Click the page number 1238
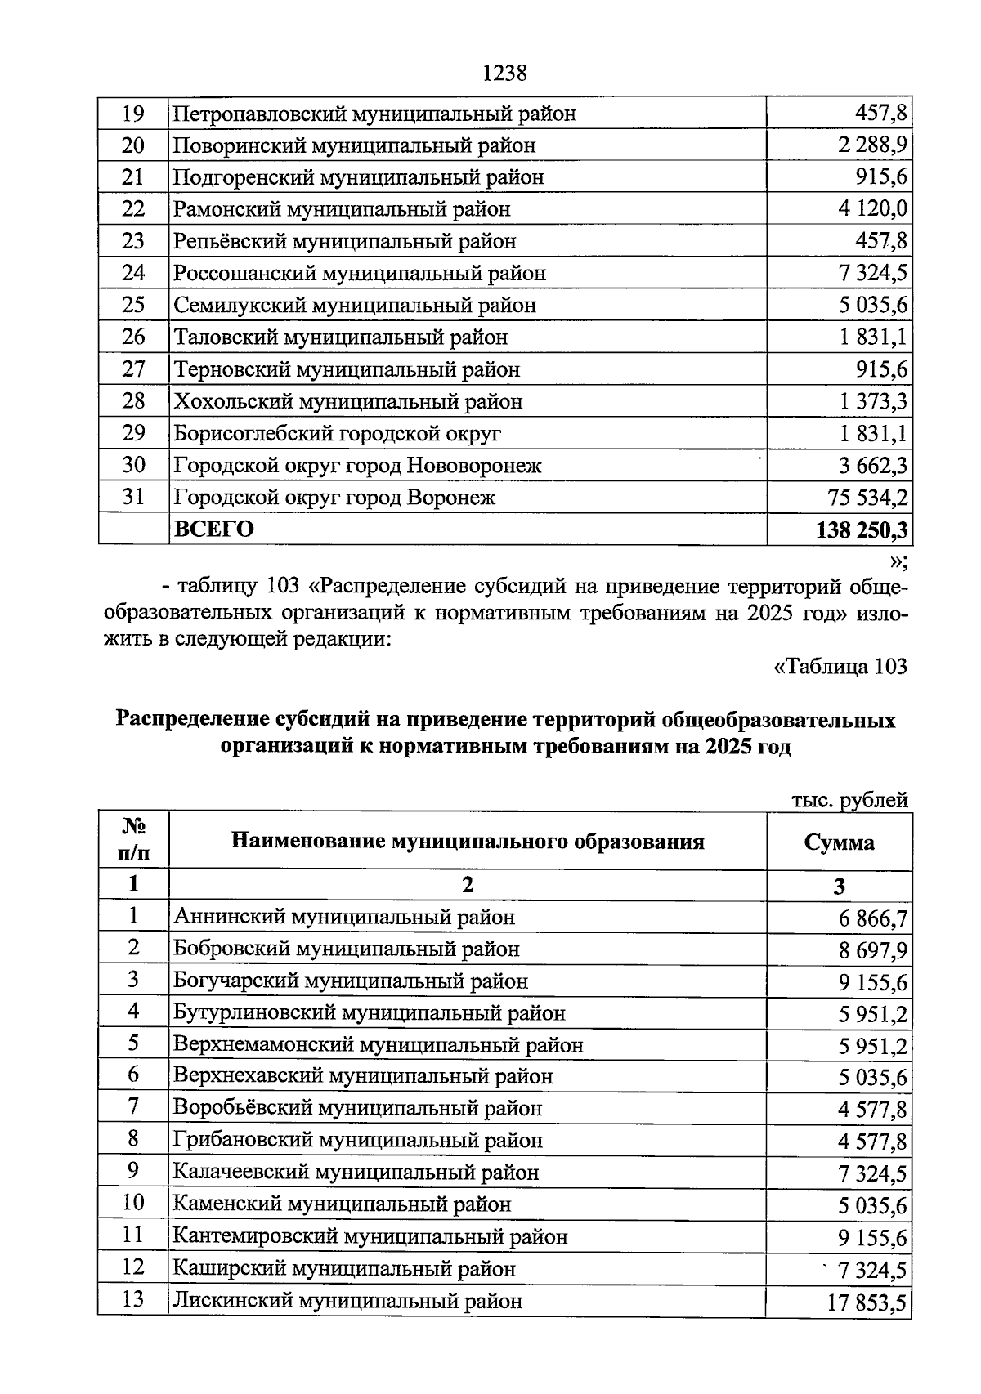click(504, 74)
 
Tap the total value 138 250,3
click(862, 529)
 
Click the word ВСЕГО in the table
click(213, 529)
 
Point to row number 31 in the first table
click(133, 497)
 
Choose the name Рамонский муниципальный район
click(342, 209)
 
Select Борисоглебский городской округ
click(337, 433)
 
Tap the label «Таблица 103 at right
click(840, 667)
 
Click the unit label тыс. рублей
click(850, 800)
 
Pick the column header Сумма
click(839, 842)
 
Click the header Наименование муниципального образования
click(468, 841)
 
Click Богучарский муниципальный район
click(351, 981)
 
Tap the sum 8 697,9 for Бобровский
click(871, 950)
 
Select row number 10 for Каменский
click(133, 1203)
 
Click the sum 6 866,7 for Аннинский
click(871, 918)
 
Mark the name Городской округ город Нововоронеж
click(357, 466)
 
